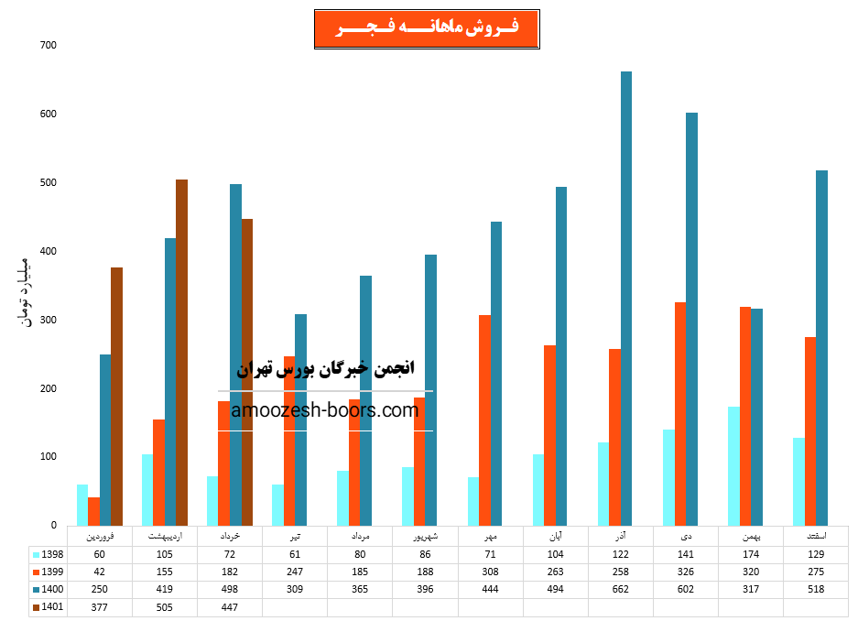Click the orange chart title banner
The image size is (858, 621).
tap(427, 29)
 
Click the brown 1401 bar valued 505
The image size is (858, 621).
tap(181, 353)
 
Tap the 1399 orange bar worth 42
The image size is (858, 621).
tap(93, 511)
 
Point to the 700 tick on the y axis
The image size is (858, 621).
tap(48, 46)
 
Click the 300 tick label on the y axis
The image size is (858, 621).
tap(48, 320)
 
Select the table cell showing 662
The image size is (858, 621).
tap(621, 589)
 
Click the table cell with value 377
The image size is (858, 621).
tap(100, 606)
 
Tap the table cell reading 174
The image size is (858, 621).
tap(751, 554)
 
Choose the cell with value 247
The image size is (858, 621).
tap(295, 572)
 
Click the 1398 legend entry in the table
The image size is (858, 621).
tap(47, 554)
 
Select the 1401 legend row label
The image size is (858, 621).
tap(47, 606)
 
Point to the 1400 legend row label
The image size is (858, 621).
tap(47, 589)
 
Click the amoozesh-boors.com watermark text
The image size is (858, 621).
tap(325, 410)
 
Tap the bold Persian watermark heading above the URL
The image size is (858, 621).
tap(325, 368)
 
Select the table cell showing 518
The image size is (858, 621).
tap(816, 589)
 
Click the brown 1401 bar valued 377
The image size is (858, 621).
tap(116, 396)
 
